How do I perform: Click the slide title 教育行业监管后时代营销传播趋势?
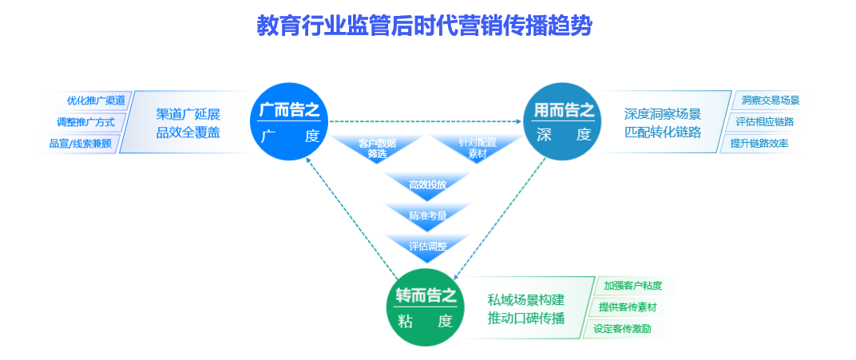[424, 26]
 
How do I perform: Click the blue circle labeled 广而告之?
[289, 121]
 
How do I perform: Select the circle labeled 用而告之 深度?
[563, 121]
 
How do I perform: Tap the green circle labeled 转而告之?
[426, 308]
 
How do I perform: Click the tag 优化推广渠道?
[96, 101]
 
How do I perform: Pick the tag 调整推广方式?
[91, 122]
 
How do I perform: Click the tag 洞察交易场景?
[770, 101]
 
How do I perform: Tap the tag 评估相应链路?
[764, 122]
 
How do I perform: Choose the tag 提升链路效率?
[759, 144]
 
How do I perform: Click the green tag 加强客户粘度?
[632, 285]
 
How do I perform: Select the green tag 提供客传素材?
[628, 307]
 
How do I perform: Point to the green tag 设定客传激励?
[623, 328]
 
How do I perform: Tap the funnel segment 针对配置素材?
[477, 148]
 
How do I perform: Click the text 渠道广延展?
[188, 113]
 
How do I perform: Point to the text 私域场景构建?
[525, 300]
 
